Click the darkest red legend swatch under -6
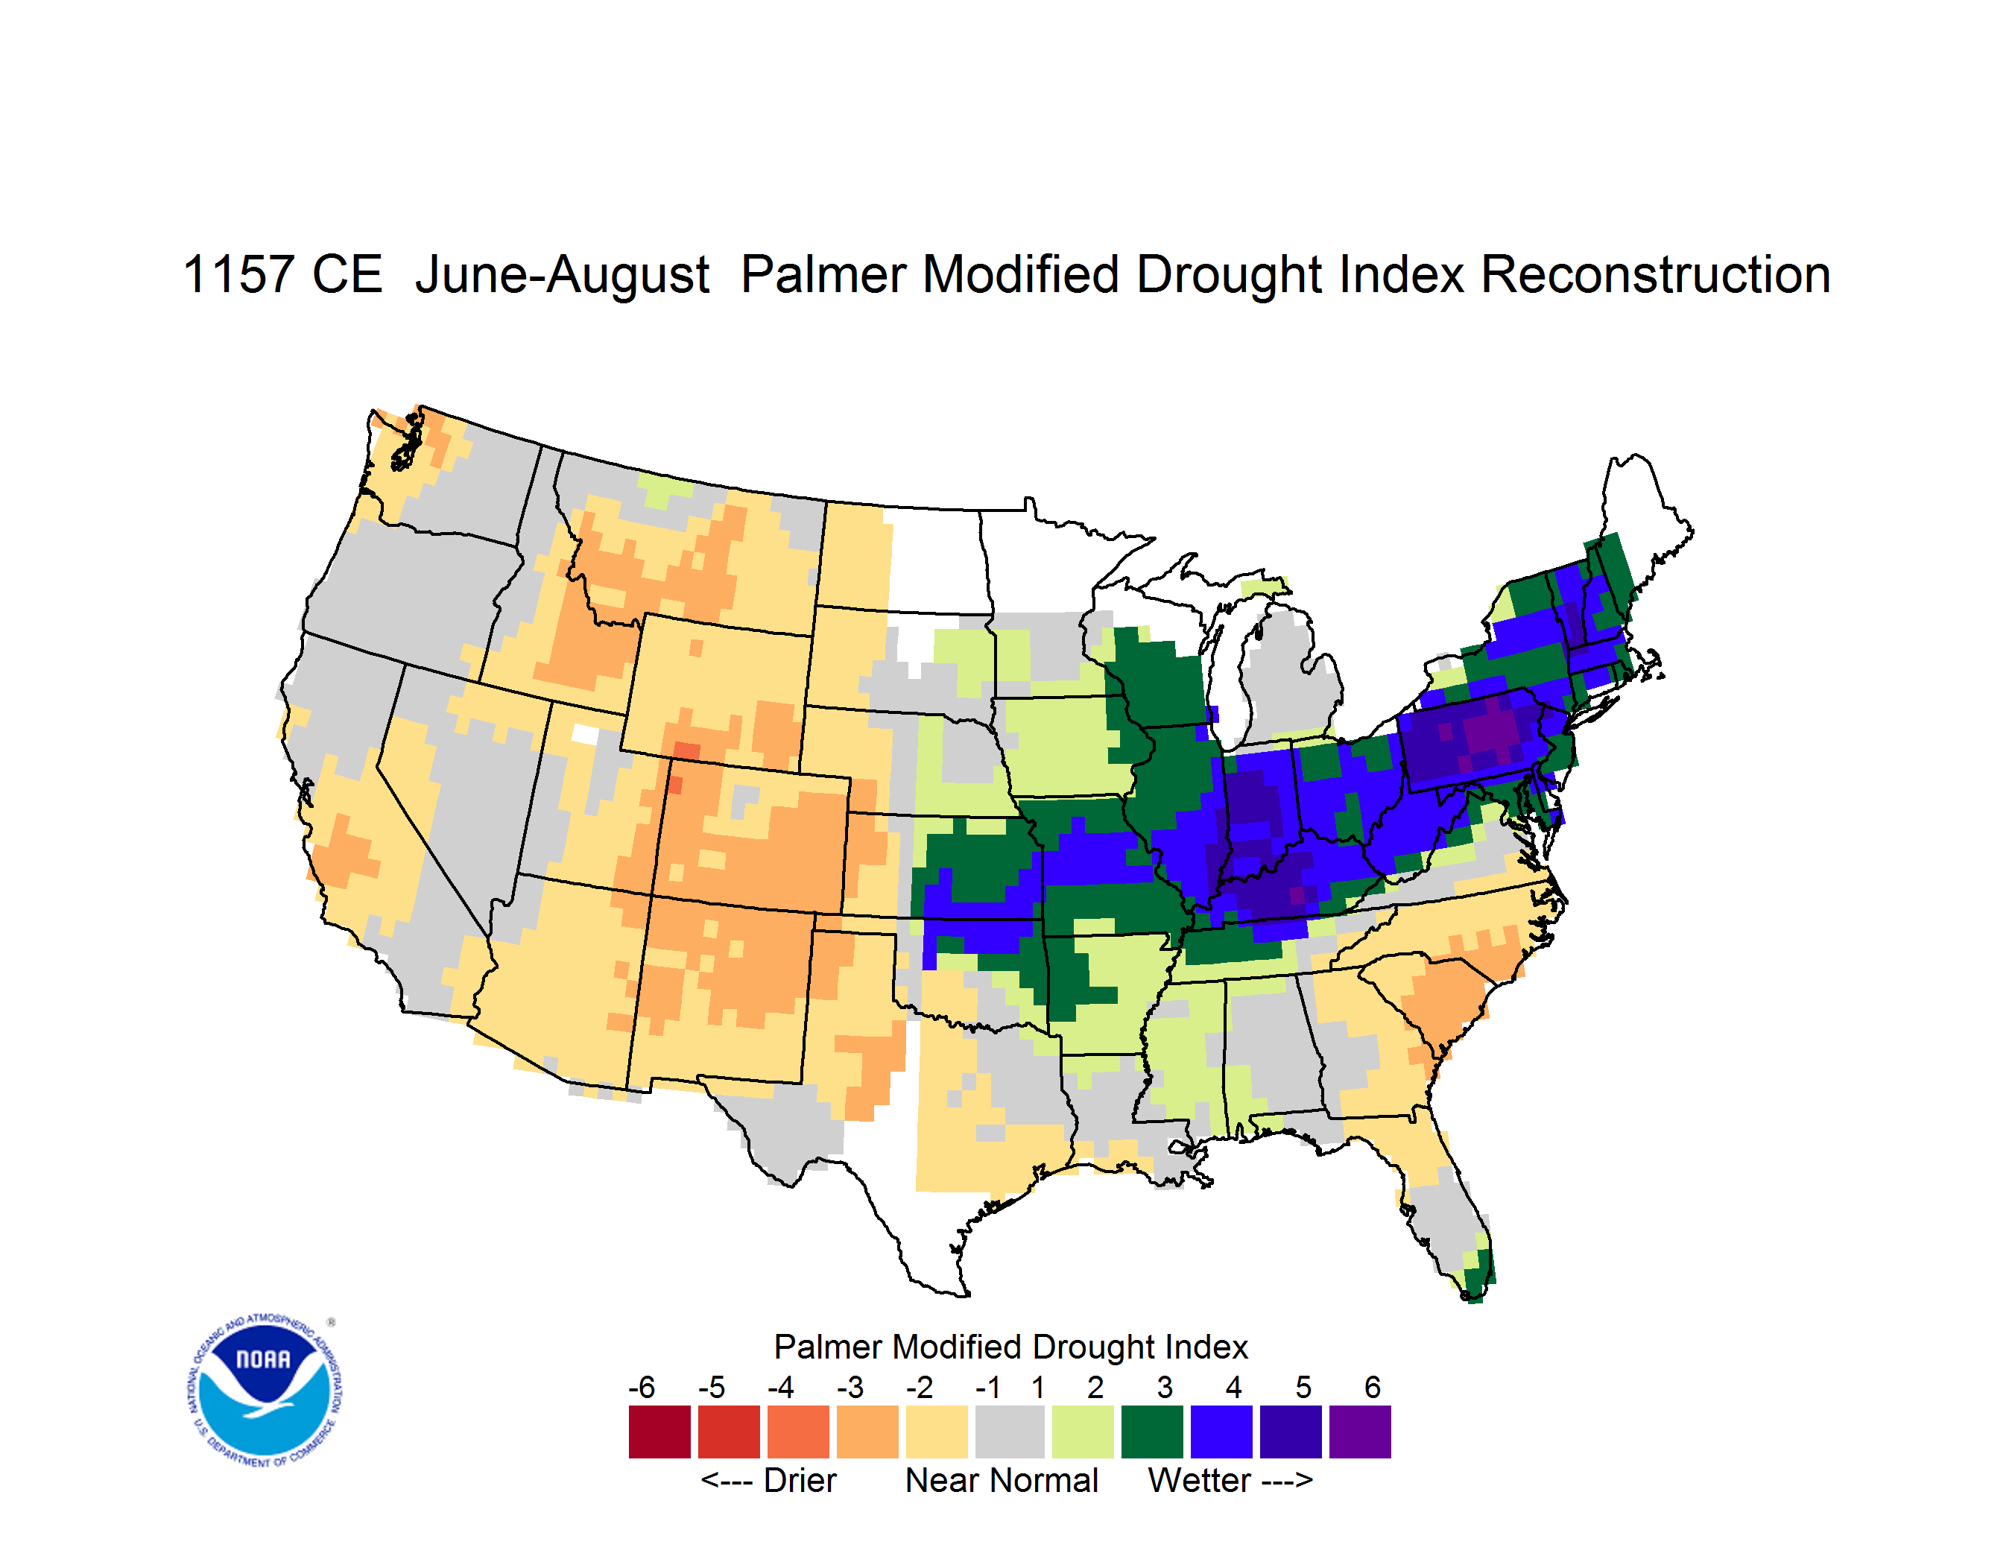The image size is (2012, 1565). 659,1432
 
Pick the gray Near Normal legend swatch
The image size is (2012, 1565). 1010,1432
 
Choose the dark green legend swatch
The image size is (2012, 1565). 1151,1432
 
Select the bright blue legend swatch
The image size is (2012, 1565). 1221,1432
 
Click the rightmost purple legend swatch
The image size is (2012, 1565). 1360,1432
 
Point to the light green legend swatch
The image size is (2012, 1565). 1083,1432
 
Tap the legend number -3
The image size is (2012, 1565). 850,1387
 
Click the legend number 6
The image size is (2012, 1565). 1373,1387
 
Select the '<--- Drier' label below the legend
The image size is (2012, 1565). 768,1480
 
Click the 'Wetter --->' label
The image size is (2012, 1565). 1230,1480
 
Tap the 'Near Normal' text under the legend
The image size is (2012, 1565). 1002,1480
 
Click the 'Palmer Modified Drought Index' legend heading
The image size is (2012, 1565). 1010,1347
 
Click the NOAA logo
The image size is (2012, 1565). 265,1391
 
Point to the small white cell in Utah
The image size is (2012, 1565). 585,734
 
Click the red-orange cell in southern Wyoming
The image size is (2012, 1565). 686,750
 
